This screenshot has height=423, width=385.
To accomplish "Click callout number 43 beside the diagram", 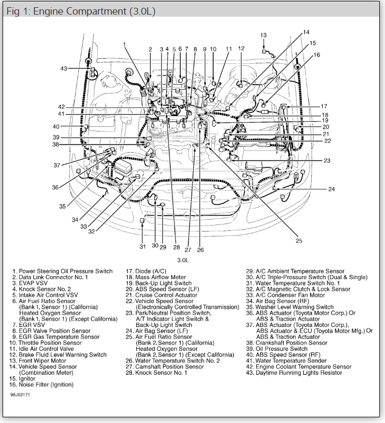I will (x=63, y=69).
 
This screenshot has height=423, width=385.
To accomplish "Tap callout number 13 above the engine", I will (x=263, y=35).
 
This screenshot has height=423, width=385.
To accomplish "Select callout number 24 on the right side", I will (x=331, y=189).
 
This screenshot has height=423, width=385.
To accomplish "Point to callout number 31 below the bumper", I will (x=142, y=246).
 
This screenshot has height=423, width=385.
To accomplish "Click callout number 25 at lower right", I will (x=299, y=240).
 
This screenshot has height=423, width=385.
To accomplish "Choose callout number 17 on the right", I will (x=324, y=106).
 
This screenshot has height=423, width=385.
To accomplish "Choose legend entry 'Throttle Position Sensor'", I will (x=50, y=342).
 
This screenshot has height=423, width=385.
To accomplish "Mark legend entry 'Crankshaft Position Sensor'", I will (x=291, y=342).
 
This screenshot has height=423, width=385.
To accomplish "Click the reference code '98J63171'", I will (x=21, y=394).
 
